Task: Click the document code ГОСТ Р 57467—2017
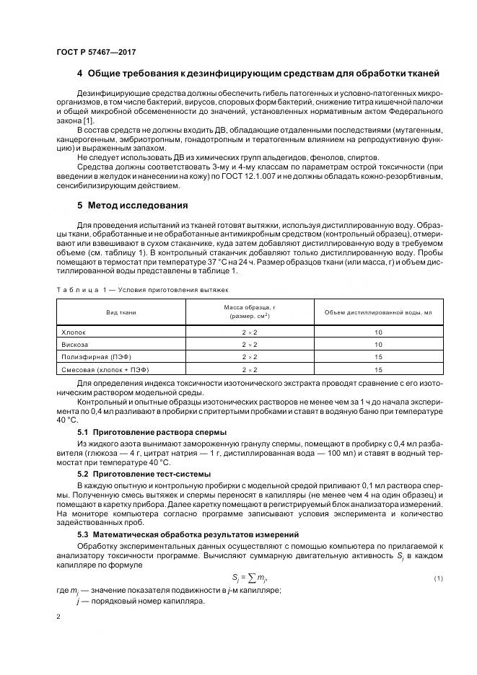[x=96, y=51]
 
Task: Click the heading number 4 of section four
[x=79, y=74]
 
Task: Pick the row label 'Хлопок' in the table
[x=74, y=332]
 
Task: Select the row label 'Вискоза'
[x=76, y=345]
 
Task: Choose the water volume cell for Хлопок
[x=378, y=332]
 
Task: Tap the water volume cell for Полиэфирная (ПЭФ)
[x=378, y=357]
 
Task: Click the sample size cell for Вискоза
[x=250, y=345]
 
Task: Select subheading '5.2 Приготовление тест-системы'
[x=144, y=474]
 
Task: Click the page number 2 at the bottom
[x=58, y=617]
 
